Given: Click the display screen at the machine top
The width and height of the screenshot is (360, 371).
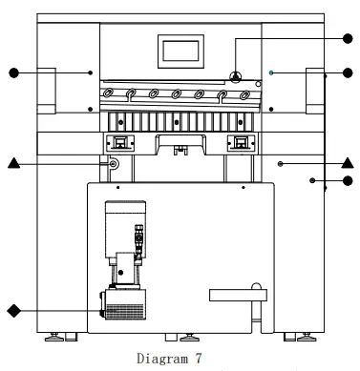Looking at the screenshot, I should point(180,53).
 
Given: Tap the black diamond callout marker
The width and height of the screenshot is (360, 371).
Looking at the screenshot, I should point(13,310).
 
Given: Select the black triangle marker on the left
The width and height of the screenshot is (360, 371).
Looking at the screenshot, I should point(13,164).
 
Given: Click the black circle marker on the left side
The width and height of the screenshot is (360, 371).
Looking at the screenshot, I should point(13,72).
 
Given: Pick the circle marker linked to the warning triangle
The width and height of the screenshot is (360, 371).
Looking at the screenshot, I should point(349,39).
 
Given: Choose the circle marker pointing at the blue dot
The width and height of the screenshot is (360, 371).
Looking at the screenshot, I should point(349,72).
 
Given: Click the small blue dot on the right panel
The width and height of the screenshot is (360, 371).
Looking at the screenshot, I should point(271,72).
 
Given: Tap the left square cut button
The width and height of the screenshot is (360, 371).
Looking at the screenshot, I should point(120,143).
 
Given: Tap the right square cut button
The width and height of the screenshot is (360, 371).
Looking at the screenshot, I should point(240,143).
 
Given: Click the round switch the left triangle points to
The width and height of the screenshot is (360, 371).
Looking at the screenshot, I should point(114,165).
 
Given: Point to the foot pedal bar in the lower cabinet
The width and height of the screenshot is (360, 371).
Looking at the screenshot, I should point(232,293).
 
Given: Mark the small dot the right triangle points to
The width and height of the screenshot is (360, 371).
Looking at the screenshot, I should point(281,164).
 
